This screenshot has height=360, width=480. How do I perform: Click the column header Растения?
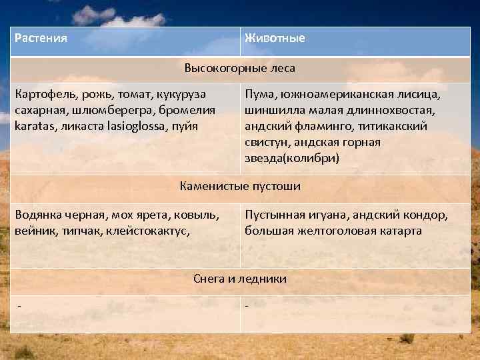click(x=41, y=38)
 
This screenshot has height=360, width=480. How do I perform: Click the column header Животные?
click(x=275, y=38)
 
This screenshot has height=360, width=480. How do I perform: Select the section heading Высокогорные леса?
click(x=239, y=68)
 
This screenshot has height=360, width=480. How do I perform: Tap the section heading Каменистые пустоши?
click(x=239, y=186)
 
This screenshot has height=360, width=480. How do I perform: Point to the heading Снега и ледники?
click(x=239, y=279)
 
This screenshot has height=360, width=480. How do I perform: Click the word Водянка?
click(x=38, y=215)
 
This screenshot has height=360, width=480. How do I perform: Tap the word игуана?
click(x=326, y=215)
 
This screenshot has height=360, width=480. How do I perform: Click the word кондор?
click(x=427, y=215)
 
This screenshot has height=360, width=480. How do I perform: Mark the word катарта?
click(x=397, y=231)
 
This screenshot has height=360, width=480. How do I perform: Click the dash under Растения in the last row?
click(x=19, y=305)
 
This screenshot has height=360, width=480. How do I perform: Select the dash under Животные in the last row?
click(x=247, y=305)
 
